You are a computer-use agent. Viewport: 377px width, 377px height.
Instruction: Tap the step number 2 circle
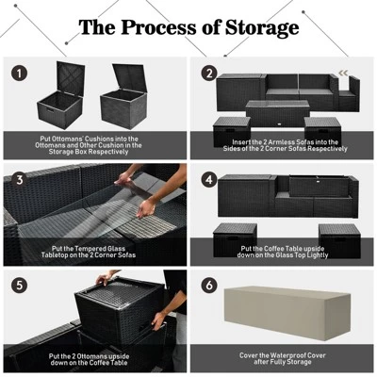tap(209, 72)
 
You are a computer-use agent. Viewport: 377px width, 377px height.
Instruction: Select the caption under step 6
tap(282, 360)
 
